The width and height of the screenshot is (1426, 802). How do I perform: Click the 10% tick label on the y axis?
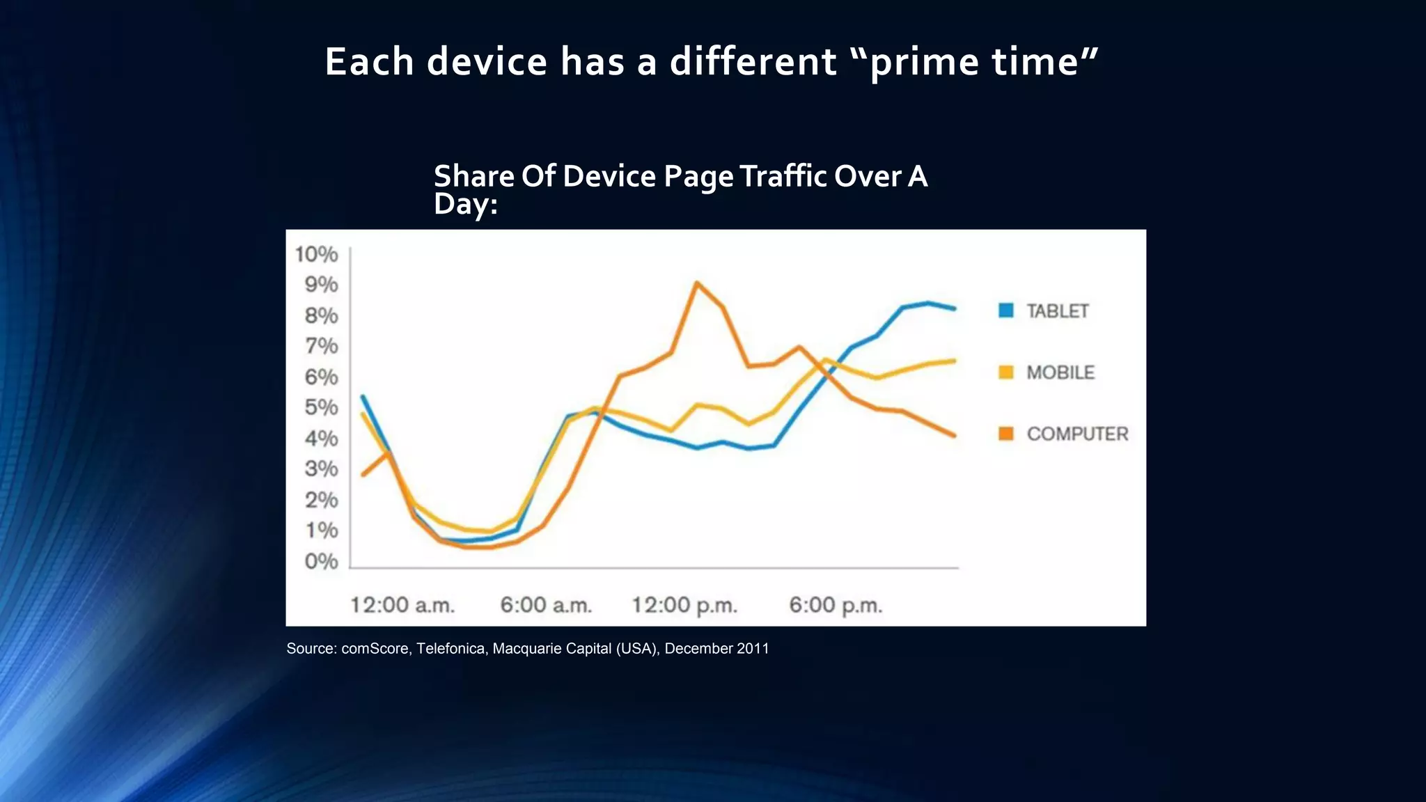tap(316, 254)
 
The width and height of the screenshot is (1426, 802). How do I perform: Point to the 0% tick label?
tap(321, 561)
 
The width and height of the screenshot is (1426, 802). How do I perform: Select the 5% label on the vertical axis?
tap(321, 407)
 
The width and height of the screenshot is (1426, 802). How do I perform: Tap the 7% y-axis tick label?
tap(321, 346)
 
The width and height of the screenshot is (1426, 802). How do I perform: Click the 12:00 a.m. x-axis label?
tap(402, 605)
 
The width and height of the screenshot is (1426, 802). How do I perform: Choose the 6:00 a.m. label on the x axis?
tap(546, 605)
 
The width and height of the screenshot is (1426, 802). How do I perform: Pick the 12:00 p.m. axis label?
tap(684, 605)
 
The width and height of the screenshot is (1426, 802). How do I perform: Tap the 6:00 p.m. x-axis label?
tap(836, 605)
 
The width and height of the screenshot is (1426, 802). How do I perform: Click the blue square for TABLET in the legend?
tap(1005, 310)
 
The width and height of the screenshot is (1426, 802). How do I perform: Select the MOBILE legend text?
tap(1060, 372)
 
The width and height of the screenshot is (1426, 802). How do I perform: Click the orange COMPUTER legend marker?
tap(1005, 434)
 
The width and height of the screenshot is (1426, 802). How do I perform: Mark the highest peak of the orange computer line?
tap(696, 283)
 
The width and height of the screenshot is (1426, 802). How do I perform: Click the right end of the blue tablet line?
tap(954, 308)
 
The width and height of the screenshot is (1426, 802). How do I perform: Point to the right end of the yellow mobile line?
tap(954, 361)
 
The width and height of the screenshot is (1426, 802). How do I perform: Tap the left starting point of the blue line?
tap(362, 397)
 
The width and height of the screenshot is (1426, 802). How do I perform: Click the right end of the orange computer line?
tap(954, 436)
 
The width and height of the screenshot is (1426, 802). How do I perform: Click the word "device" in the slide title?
tap(487, 61)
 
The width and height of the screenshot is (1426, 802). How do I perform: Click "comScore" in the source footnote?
tap(375, 649)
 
